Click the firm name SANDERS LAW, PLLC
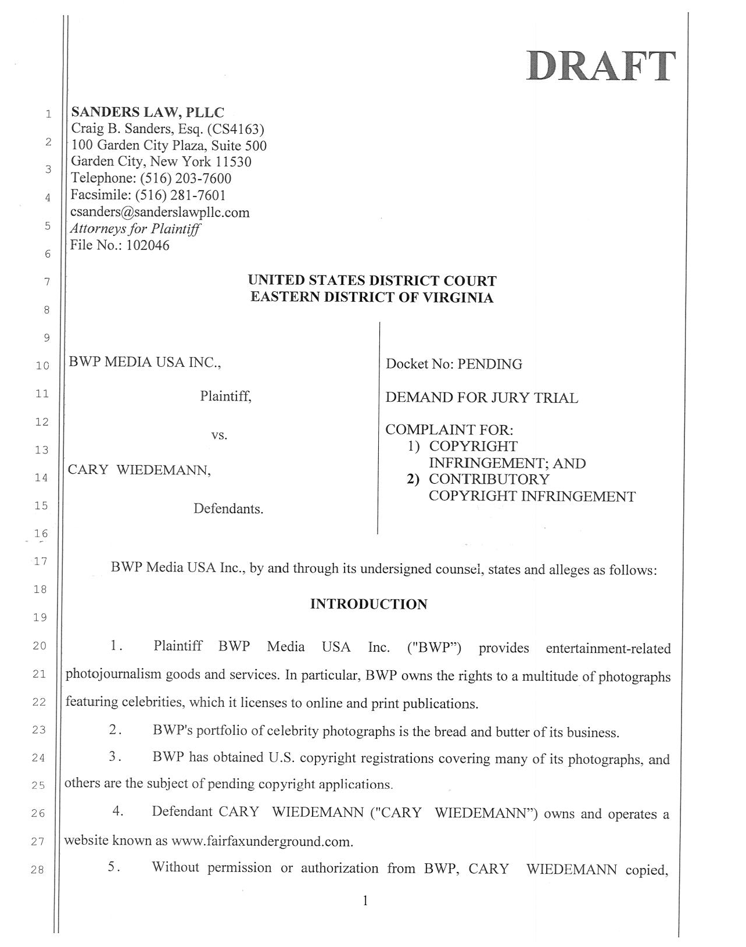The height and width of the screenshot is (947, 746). [x=147, y=112]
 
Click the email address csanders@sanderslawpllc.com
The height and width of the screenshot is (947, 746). [x=160, y=212]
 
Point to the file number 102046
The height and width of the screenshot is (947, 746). [x=148, y=245]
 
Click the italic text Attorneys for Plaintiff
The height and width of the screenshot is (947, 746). [x=135, y=228]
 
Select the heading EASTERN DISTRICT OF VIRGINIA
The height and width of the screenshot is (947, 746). [x=372, y=298]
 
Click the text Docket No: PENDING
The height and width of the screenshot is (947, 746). [x=454, y=364]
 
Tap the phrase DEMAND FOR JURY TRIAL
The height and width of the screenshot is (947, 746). [x=482, y=398]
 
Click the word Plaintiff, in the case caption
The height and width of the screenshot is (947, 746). [x=225, y=397]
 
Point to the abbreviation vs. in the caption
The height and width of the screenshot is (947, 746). [x=219, y=435]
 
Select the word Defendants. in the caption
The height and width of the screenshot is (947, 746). [x=228, y=509]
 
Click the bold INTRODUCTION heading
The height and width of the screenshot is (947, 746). [x=369, y=605]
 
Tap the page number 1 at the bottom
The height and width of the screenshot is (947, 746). [x=365, y=902]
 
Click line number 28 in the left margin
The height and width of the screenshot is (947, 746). [x=40, y=870]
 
